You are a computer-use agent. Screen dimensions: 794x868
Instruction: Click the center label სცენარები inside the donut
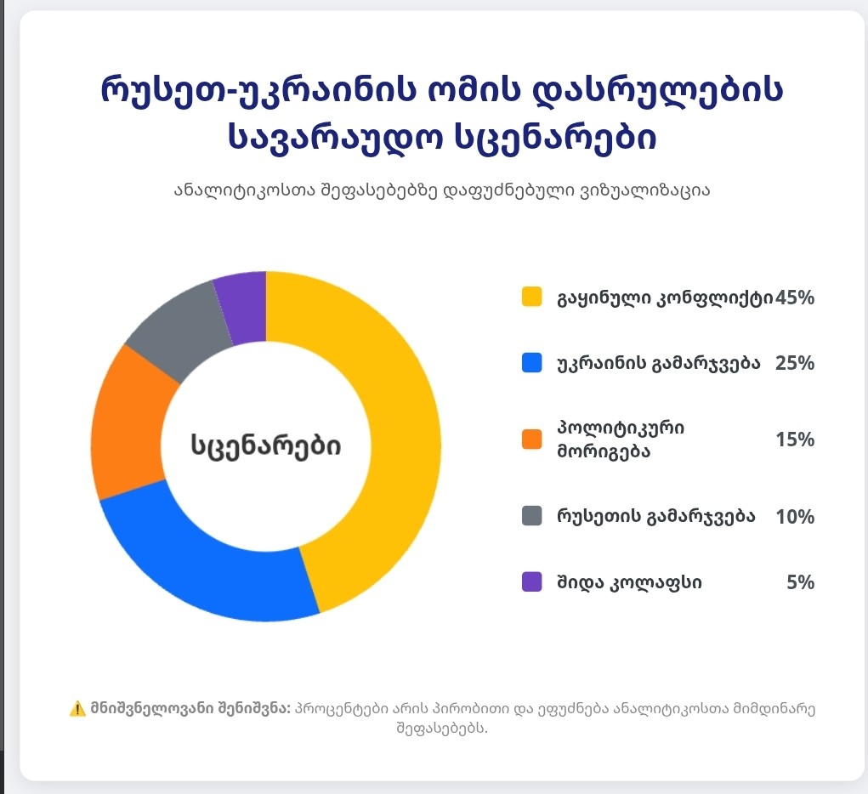265,445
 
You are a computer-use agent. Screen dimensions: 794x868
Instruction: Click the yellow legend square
531,297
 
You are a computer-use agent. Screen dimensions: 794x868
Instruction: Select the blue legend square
531,363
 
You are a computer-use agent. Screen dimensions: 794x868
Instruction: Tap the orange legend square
531,439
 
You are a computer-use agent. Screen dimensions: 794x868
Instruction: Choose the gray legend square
531,516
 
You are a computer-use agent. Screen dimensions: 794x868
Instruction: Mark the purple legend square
531,582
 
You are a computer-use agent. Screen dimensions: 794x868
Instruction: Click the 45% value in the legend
795,298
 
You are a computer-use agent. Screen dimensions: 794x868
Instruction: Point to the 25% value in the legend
795,363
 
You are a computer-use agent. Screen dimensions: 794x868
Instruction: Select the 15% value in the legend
795,440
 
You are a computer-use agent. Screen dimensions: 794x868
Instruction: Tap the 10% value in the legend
795,517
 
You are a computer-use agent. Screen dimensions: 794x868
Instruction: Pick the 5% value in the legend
801,582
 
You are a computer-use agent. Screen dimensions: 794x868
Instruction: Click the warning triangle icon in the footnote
77,709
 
